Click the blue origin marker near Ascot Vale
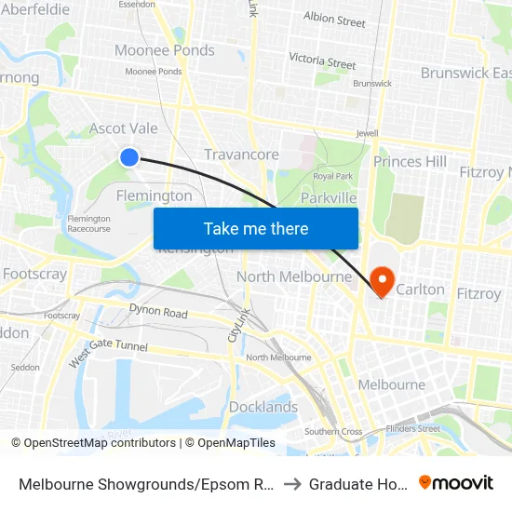click(x=129, y=157)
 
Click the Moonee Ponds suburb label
click(x=164, y=50)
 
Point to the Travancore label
click(x=241, y=155)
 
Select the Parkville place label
click(x=329, y=198)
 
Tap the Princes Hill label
click(x=410, y=162)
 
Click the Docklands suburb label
click(x=263, y=407)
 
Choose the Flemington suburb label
click(x=154, y=195)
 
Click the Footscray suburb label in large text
click(x=34, y=275)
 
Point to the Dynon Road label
click(x=158, y=312)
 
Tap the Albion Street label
click(x=334, y=20)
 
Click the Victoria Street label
click(x=322, y=61)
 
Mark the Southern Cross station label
click(x=333, y=431)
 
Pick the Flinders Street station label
click(x=414, y=429)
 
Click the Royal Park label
click(x=332, y=176)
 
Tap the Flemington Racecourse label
click(x=88, y=223)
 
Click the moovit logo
click(x=457, y=483)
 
